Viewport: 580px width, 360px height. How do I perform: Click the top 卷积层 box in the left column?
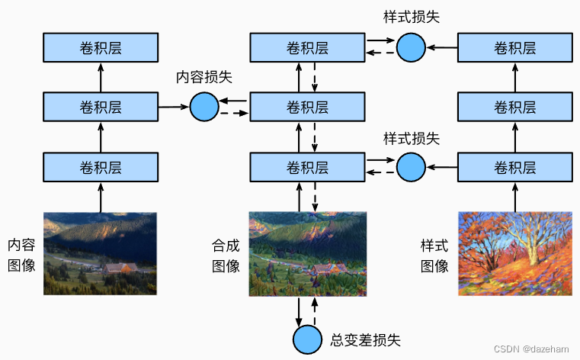[101, 48]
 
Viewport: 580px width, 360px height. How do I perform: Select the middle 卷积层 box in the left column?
[101, 106]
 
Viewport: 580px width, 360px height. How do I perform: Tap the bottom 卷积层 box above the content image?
[101, 165]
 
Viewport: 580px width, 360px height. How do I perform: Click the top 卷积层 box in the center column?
[307, 48]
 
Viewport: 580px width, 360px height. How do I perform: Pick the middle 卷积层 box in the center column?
[307, 106]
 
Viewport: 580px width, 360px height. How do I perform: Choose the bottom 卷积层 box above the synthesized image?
[307, 165]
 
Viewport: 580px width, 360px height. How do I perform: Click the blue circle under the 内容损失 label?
[203, 106]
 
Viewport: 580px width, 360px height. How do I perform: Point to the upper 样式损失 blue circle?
[411, 47]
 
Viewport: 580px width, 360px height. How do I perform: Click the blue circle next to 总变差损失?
[307, 338]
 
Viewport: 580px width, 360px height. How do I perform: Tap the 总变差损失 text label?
[365, 339]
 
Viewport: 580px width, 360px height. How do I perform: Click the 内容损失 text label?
[203, 77]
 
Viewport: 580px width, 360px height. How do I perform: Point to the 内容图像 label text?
[21, 255]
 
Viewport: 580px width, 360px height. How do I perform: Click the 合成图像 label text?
[226, 255]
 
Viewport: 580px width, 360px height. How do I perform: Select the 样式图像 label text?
[434, 255]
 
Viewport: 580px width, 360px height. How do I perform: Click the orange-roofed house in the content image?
[116, 268]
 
